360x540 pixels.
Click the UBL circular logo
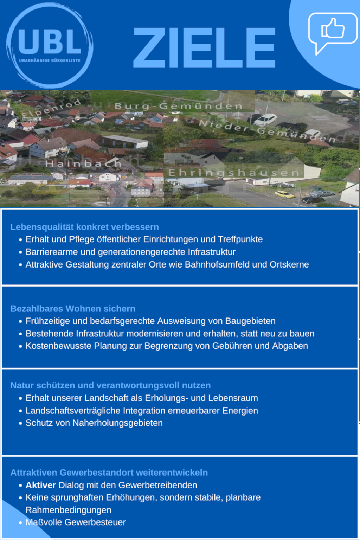[50, 46]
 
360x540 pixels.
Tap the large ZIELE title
[204, 48]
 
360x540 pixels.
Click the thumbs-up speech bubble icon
[332, 30]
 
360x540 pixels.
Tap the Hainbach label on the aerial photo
[83, 163]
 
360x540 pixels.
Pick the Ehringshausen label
[234, 173]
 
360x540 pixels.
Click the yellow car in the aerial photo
[284, 194]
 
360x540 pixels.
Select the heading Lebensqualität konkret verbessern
[84, 227]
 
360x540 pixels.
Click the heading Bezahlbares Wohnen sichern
[73, 309]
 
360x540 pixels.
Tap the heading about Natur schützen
[110, 385]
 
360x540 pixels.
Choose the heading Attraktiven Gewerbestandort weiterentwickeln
[109, 472]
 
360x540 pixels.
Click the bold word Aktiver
[41, 485]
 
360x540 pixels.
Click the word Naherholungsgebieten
[117, 423]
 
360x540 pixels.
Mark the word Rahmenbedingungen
[68, 510]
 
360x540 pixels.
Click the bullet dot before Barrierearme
[20, 252]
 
